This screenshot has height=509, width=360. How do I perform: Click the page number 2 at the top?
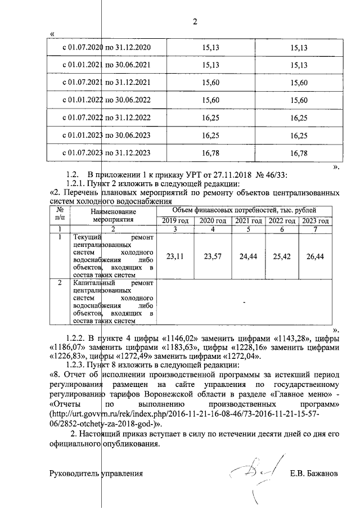[196, 22]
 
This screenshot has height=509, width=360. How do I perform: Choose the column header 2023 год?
[315, 220]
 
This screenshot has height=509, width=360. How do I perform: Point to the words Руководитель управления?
[96, 474]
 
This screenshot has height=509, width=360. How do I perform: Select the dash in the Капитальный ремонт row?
[244, 302]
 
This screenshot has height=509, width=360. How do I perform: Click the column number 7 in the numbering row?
[315, 229]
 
